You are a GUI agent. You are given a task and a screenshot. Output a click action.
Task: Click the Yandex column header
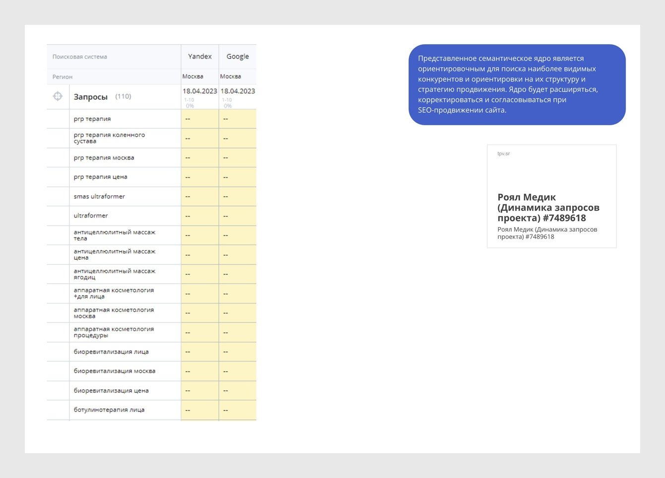point(199,57)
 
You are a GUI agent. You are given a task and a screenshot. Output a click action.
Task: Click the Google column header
point(238,57)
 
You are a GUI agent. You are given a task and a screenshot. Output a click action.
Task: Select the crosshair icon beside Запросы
point(58,96)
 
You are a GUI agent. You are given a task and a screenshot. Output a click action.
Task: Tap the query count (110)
point(123,96)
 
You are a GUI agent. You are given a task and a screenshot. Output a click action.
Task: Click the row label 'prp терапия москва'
point(104,158)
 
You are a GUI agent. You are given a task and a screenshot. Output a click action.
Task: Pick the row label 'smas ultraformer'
point(99,197)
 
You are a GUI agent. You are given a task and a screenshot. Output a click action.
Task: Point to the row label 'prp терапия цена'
point(100,177)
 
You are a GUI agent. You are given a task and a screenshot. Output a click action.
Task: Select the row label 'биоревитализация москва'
point(115,371)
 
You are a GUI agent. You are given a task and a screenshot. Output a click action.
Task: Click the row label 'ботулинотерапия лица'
point(109,410)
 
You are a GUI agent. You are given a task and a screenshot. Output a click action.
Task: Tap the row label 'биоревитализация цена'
point(111,391)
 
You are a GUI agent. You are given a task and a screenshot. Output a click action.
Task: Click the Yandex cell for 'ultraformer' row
point(199,216)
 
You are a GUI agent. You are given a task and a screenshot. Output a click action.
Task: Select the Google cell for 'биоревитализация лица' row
point(237,352)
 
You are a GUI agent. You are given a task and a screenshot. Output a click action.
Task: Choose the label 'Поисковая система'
point(80,57)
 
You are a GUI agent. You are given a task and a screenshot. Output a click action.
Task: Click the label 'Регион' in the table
point(63,77)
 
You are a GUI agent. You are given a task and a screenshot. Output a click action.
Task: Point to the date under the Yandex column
point(199,91)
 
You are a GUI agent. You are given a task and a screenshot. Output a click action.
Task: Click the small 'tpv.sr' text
point(504,154)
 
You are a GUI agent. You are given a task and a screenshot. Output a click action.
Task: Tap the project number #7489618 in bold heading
point(564,218)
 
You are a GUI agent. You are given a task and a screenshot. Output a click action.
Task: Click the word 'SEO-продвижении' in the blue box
point(448,110)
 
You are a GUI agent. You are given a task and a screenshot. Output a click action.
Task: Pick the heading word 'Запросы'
point(90,97)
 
